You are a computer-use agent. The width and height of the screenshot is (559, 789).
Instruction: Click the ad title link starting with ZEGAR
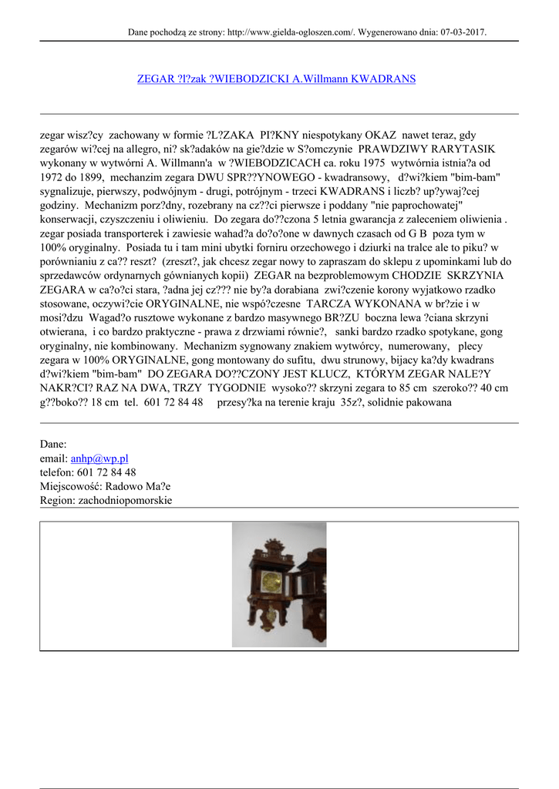[x=276, y=79]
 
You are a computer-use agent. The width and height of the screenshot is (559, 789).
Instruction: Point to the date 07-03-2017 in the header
[x=463, y=32]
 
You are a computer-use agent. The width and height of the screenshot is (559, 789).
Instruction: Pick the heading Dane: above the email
[x=53, y=445]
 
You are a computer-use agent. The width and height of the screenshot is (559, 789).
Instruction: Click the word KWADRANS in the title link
[x=383, y=79]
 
